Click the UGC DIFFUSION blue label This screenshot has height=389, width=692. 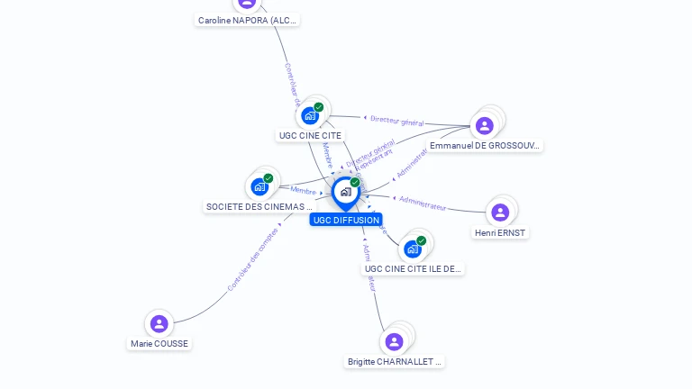(346, 220)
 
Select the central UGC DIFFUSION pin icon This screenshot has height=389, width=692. (345, 192)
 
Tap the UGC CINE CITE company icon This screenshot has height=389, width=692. (310, 115)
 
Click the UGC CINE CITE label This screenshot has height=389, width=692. (310, 136)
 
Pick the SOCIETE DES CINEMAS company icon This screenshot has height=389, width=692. (259, 186)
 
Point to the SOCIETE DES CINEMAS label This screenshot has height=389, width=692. (259, 206)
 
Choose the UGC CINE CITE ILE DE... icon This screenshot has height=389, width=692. (413, 249)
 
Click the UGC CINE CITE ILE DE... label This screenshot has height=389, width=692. (413, 268)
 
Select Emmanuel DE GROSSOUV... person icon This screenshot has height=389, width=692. (484, 125)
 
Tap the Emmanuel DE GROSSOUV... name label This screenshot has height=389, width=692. (485, 145)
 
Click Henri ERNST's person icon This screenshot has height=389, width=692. (500, 213)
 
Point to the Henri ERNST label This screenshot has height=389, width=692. (500, 232)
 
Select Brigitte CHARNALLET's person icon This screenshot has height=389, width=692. (394, 341)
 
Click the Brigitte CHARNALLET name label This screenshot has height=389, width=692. (395, 362)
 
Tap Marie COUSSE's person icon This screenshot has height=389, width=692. (159, 323)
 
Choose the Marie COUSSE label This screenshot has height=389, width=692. (159, 343)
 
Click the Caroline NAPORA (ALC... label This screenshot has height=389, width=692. (248, 20)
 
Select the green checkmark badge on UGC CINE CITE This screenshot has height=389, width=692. (318, 107)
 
